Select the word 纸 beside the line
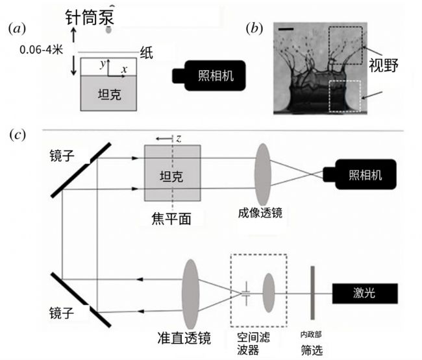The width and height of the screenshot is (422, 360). pos(147,55)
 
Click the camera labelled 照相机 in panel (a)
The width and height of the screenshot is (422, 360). pos(207,75)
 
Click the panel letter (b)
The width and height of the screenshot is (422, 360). pos(255,29)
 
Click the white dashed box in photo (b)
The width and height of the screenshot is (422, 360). pos(345,95)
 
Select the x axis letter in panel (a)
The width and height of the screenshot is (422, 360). pos(124,67)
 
